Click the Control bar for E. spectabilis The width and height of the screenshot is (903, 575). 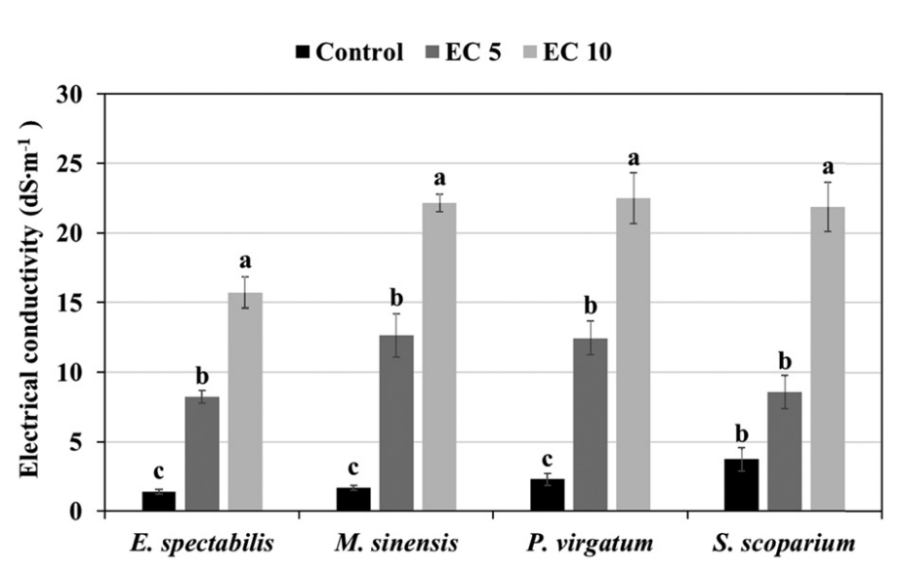click(x=158, y=501)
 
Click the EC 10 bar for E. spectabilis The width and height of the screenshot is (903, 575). click(x=245, y=401)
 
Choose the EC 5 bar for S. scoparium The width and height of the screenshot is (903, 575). click(x=785, y=451)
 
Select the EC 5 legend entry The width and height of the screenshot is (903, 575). click(x=463, y=53)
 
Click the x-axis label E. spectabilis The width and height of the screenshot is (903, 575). click(x=202, y=543)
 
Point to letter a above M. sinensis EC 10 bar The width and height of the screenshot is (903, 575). click(x=439, y=179)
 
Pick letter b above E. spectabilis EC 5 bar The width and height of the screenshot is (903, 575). click(x=202, y=376)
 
